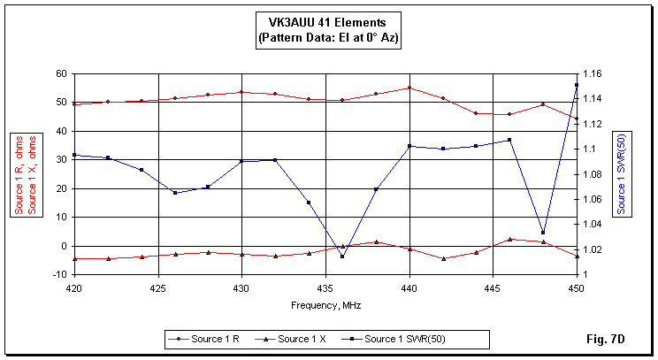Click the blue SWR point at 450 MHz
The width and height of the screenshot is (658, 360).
click(x=577, y=85)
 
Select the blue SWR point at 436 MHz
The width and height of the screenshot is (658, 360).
click(x=342, y=257)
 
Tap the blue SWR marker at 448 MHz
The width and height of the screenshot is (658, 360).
click(x=543, y=233)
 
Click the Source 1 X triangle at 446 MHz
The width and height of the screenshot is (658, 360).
click(x=509, y=239)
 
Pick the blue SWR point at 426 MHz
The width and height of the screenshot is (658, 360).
click(x=175, y=192)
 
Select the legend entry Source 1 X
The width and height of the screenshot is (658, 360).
click(x=301, y=338)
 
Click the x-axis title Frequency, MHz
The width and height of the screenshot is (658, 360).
click(x=325, y=304)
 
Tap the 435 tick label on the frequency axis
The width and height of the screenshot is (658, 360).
click(x=325, y=288)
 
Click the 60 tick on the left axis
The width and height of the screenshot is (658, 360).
click(x=61, y=73)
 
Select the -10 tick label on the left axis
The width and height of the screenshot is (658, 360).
click(x=59, y=274)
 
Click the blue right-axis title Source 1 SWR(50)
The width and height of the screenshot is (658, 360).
click(x=622, y=173)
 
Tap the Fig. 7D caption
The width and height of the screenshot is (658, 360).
click(x=626, y=338)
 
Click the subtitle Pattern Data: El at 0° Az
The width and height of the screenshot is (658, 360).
click(x=327, y=40)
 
